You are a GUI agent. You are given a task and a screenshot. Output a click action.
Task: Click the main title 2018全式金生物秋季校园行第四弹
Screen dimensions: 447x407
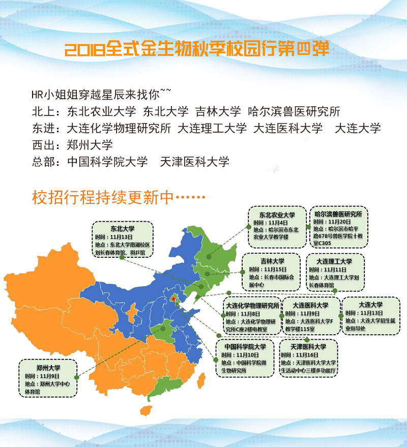pos(197,49)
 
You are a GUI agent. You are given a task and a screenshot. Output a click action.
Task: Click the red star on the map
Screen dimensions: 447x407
pos(174,301)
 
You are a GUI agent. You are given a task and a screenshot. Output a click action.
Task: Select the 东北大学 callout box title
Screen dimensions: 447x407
pos(122,229)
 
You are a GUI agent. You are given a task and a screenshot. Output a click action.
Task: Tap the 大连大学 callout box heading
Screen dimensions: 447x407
pos(370,305)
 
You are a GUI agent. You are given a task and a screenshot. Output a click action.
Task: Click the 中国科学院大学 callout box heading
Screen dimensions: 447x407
pos(245,346)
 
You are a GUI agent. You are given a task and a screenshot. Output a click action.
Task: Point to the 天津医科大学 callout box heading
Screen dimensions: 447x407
pos(308,346)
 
